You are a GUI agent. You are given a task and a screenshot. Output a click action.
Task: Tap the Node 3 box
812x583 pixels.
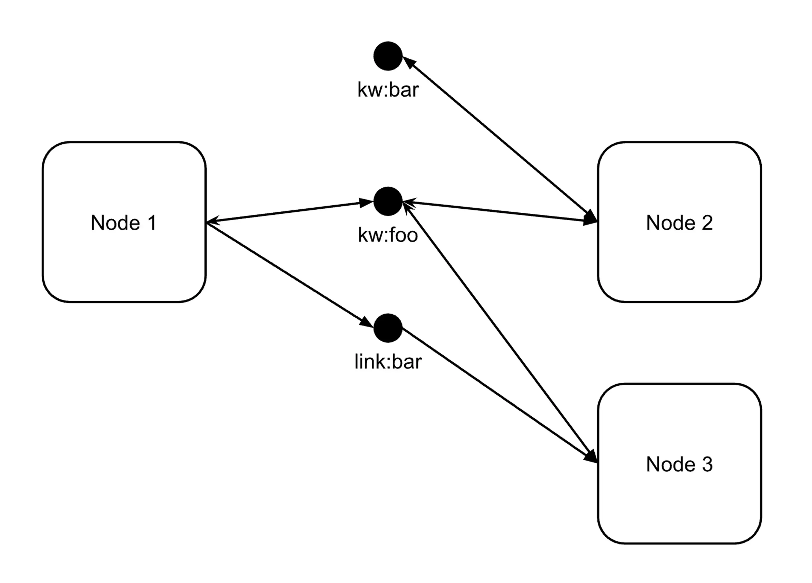click(679, 502)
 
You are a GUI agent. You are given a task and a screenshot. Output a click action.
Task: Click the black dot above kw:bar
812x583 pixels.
click(388, 56)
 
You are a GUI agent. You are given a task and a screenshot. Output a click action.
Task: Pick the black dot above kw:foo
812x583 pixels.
click(388, 201)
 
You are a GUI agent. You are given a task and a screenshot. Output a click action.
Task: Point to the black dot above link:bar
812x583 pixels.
click(388, 328)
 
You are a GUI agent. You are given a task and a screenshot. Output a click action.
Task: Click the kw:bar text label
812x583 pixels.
click(388, 90)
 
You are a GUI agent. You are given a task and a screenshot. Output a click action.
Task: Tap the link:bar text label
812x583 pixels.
click(388, 362)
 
